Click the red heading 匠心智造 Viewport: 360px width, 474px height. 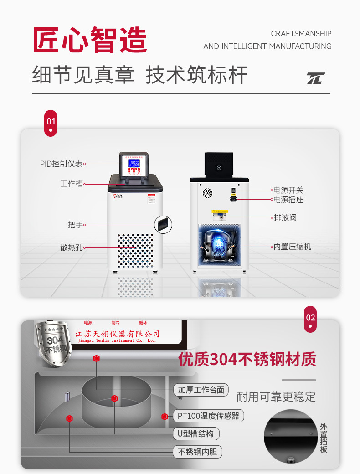tap(90, 40)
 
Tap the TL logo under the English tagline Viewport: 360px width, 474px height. tap(315, 78)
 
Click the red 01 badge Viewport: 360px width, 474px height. tap(51, 122)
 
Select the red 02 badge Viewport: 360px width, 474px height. tap(310, 318)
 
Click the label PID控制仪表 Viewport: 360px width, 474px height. tap(62, 164)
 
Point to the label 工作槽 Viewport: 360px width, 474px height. tap(72, 184)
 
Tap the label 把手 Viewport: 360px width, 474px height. tap(75, 225)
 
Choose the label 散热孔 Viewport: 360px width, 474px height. tap(72, 247)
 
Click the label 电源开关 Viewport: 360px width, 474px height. tap(288, 190)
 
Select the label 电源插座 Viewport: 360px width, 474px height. tap(288, 200)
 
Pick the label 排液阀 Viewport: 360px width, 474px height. tap(285, 217)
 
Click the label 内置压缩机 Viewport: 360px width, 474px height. tap(292, 247)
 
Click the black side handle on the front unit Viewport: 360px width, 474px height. tap(163, 224)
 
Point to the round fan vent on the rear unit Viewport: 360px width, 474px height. tap(207, 192)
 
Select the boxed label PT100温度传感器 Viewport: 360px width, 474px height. tap(208, 416)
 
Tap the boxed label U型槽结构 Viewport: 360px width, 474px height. tap(196, 433)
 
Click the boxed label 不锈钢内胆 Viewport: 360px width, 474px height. tap(197, 452)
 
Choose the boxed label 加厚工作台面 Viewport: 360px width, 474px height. tap(201, 390)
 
